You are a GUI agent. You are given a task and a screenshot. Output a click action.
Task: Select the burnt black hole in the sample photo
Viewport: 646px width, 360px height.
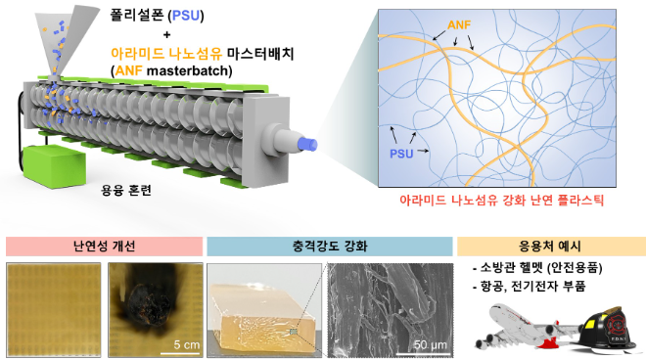(149, 298)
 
